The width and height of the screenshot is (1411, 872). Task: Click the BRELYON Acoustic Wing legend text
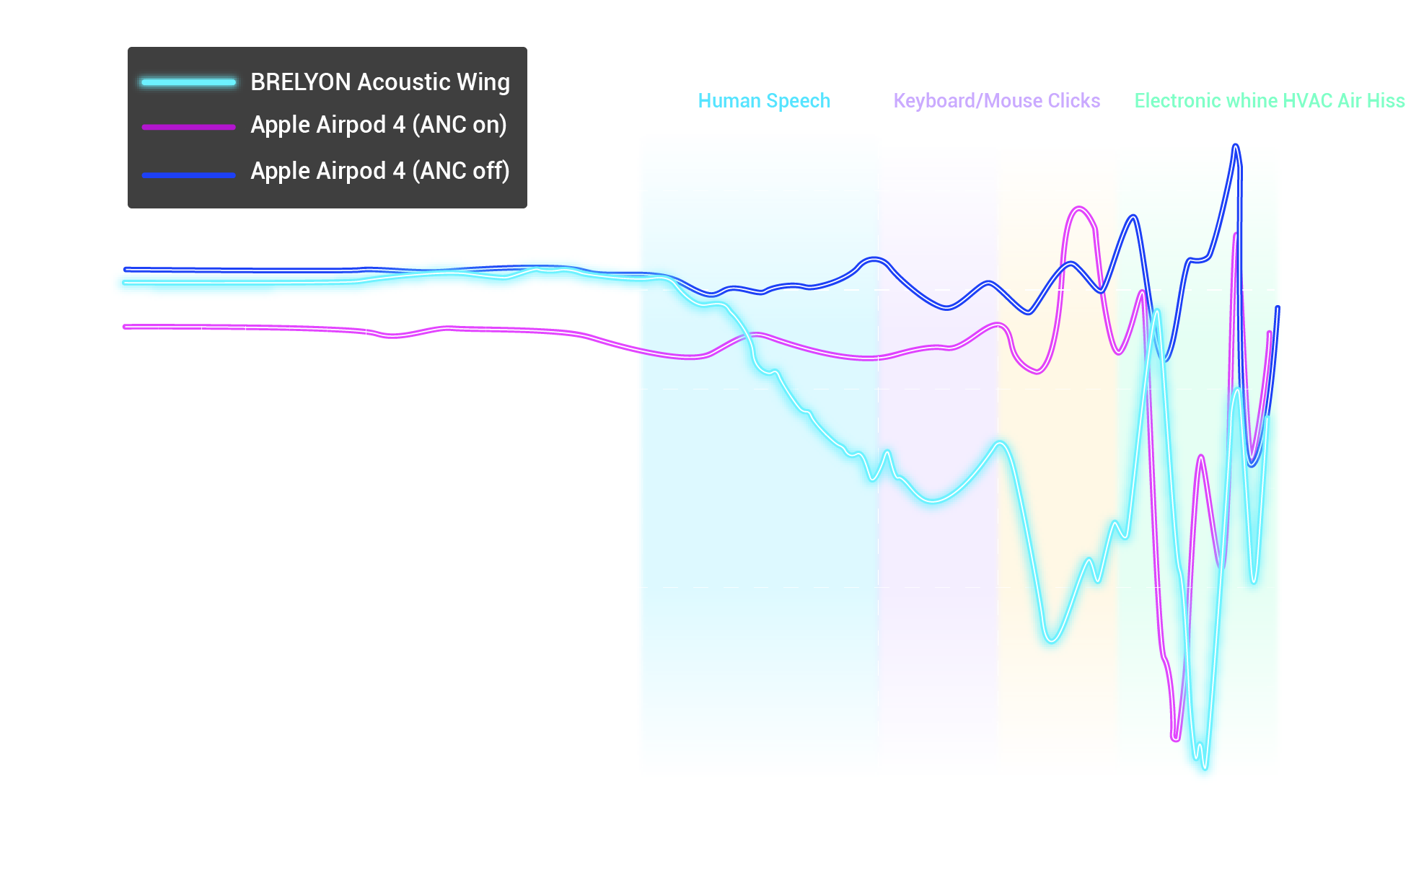379,82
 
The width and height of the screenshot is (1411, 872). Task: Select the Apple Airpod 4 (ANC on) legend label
378,125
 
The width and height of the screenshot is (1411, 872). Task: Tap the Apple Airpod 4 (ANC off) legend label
379,171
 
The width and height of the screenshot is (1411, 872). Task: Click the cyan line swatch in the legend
188,82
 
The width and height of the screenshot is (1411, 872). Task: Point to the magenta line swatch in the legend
188,127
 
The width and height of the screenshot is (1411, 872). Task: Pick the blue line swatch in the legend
188,175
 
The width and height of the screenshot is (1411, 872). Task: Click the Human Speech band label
764,101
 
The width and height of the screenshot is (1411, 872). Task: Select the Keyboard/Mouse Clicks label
996,101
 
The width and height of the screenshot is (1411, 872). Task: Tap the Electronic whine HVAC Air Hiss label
1269,101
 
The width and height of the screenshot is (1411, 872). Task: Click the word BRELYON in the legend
301,82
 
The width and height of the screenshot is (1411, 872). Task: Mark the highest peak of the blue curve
1236,146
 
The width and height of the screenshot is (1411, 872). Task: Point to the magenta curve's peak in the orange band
1079,208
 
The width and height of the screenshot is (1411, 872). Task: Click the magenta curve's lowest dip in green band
1176,738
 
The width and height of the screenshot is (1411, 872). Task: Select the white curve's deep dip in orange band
1051,639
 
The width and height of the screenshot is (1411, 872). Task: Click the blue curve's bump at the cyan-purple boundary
874,259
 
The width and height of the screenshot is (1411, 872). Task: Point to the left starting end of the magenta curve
126,327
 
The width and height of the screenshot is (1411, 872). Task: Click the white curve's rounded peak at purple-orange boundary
1001,443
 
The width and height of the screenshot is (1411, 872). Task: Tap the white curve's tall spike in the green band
1157,312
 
